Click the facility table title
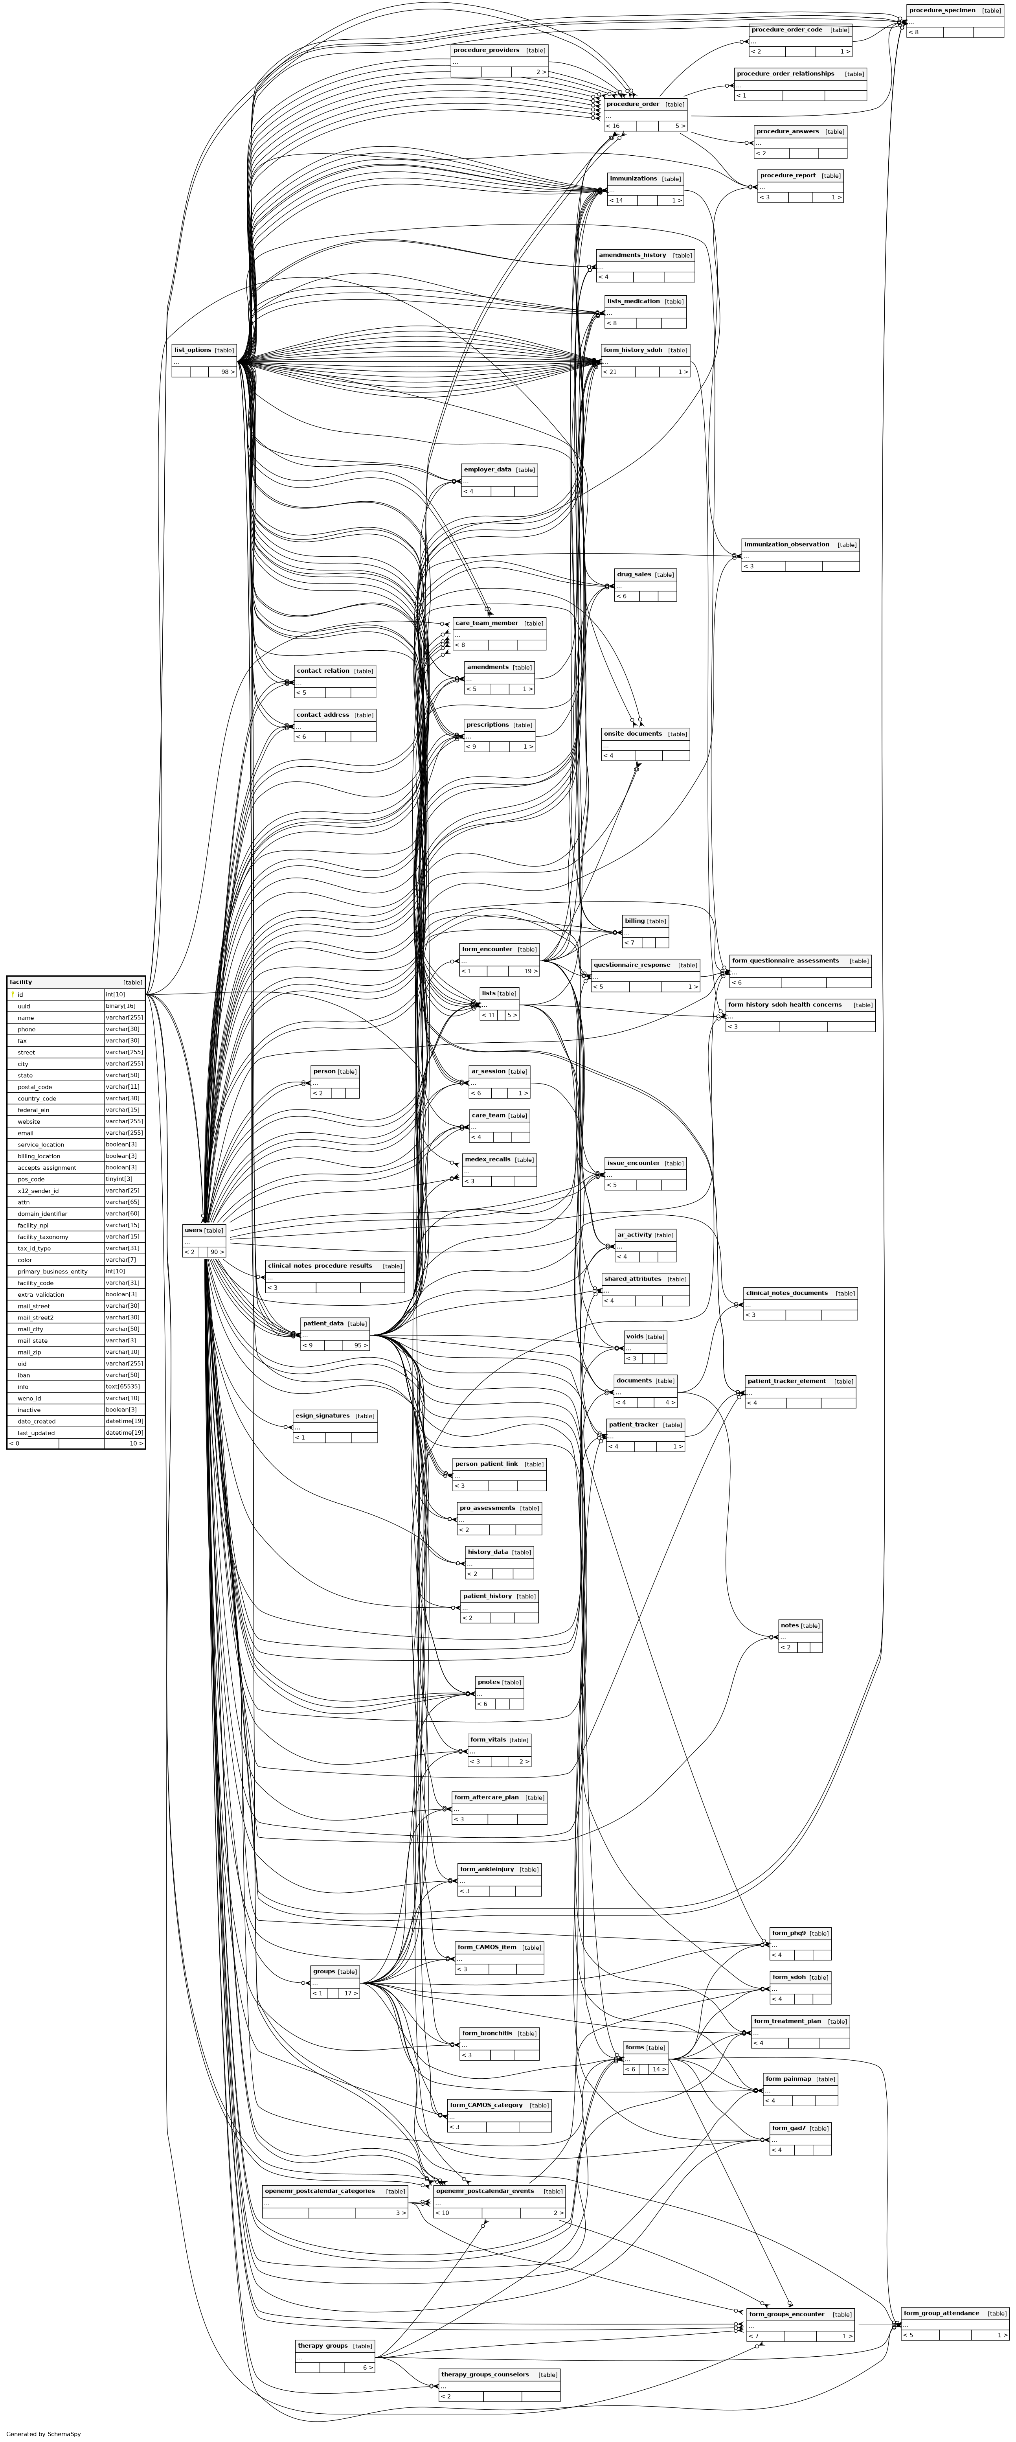click(x=21, y=982)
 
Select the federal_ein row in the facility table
click(x=33, y=1109)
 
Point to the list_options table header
click(x=193, y=350)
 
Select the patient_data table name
click(x=323, y=1323)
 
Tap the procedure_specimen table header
click(x=941, y=11)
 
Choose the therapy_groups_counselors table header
click(x=484, y=2375)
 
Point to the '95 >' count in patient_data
click(x=360, y=1345)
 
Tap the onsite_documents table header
click(x=632, y=734)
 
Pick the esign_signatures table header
click(x=322, y=1415)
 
